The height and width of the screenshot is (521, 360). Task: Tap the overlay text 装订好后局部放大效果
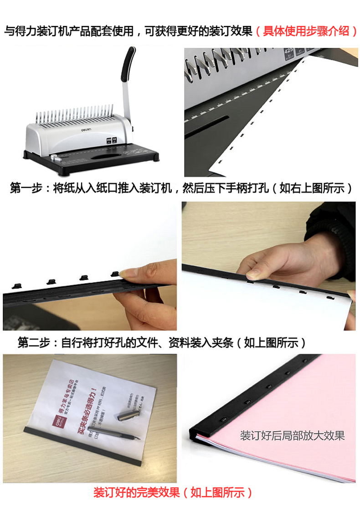[292, 435]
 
